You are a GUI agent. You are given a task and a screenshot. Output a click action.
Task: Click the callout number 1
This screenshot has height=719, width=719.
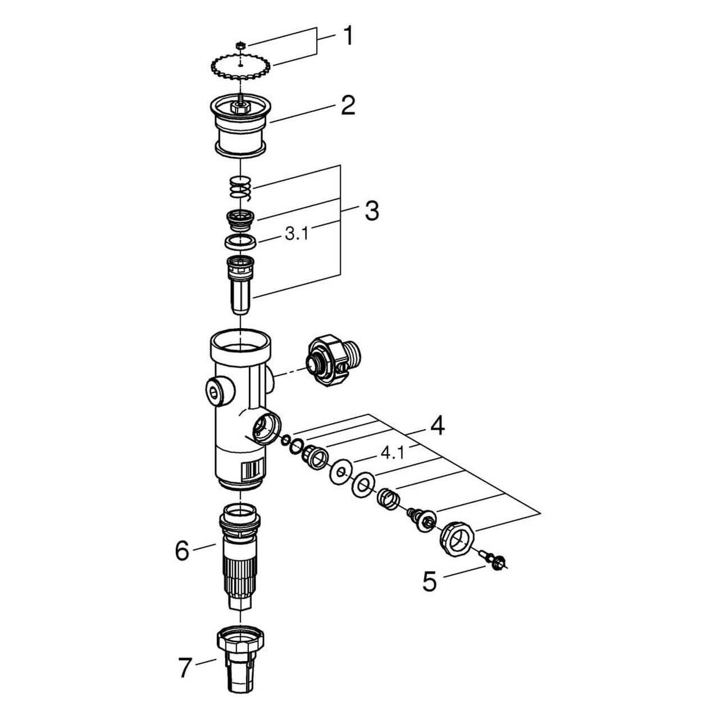348,37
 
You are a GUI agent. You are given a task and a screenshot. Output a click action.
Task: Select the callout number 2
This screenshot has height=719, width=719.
348,105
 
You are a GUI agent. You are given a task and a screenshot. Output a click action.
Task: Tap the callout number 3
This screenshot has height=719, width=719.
371,211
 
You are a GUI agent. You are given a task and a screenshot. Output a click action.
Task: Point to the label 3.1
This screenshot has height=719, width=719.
296,234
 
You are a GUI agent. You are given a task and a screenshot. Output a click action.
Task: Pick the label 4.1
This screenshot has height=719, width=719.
392,452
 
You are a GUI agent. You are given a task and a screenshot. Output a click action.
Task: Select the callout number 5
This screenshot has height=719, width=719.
429,582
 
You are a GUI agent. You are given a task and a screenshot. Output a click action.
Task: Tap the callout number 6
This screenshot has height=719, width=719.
182,551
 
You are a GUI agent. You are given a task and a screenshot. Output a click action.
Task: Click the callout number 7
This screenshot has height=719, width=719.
185,668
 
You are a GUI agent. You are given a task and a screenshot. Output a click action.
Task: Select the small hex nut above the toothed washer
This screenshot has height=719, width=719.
240,44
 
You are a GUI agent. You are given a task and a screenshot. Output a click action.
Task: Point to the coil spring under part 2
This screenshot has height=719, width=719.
240,187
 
